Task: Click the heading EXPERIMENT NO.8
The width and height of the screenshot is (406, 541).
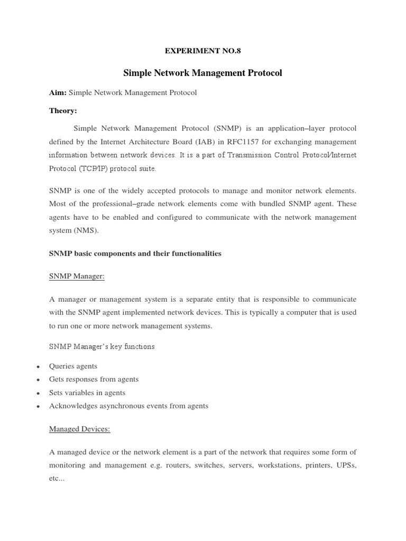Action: click(x=202, y=51)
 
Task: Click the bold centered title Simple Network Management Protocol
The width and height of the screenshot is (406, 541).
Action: click(x=202, y=73)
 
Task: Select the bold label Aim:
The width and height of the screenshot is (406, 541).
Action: click(x=58, y=92)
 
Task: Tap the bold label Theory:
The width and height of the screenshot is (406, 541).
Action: click(x=63, y=110)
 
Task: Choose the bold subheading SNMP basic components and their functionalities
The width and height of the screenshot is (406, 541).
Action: click(x=135, y=254)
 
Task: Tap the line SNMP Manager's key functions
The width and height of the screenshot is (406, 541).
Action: click(x=101, y=347)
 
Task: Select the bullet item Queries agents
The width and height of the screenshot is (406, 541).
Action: click(x=73, y=366)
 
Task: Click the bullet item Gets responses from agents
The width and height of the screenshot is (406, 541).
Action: click(x=94, y=379)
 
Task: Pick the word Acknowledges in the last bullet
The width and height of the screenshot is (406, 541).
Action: click(x=73, y=406)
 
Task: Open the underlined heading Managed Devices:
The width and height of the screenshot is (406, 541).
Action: click(x=79, y=429)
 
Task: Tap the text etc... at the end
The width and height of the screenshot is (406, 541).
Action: click(x=56, y=478)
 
